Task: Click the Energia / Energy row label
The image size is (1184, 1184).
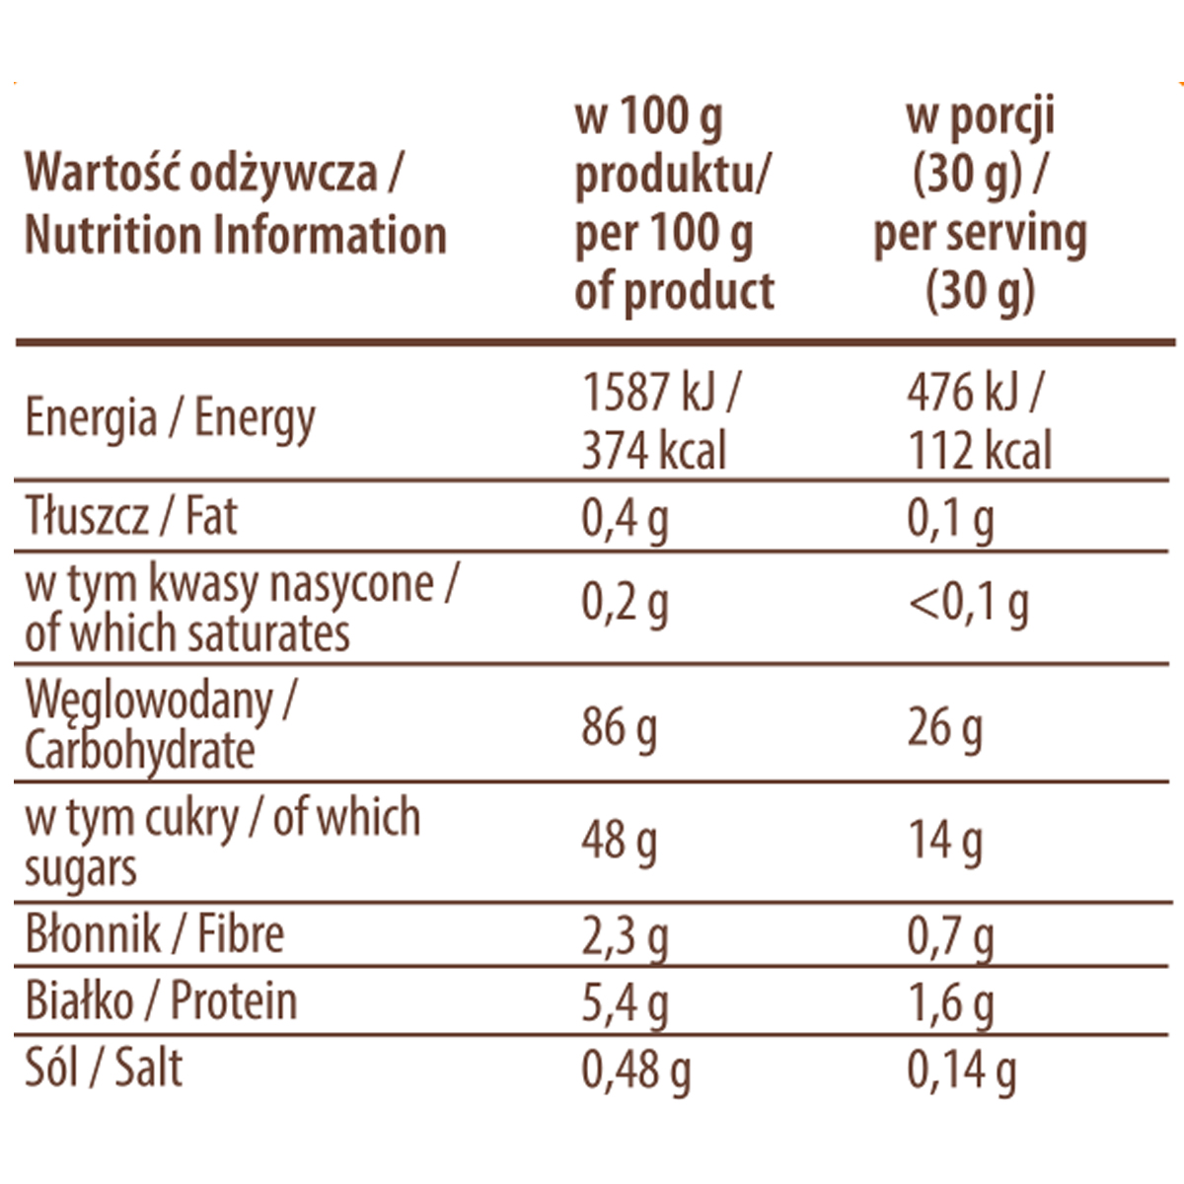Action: click(170, 418)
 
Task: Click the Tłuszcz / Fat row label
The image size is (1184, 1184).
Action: click(131, 517)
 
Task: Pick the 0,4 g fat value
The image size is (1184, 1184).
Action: click(625, 519)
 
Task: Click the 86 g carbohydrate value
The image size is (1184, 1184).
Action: click(619, 729)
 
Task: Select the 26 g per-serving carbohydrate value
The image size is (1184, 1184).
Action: click(944, 729)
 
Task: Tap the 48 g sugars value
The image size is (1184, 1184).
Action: click(619, 842)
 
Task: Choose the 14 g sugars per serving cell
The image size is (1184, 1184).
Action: click(944, 842)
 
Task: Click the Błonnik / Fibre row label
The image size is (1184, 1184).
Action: click(155, 934)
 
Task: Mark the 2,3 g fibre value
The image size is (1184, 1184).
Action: click(625, 937)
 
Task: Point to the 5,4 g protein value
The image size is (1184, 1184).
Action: click(625, 1003)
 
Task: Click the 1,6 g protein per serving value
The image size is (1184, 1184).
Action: click(950, 1003)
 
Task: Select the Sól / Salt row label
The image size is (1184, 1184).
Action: click(104, 1069)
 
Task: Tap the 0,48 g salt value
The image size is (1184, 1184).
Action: click(636, 1071)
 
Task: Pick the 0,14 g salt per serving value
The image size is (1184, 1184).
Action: click(962, 1071)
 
